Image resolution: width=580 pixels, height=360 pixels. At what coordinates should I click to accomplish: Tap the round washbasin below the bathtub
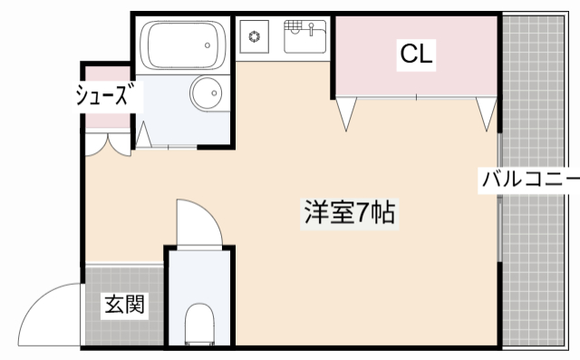[x=208, y=93]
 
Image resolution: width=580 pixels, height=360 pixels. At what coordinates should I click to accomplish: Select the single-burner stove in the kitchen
[x=255, y=37]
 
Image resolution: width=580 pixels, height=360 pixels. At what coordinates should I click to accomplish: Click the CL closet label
[x=417, y=54]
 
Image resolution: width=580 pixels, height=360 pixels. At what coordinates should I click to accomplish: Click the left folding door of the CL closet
[x=345, y=113]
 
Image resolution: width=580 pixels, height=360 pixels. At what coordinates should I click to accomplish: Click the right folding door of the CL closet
[x=487, y=113]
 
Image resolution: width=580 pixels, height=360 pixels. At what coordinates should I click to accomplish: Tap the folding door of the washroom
[x=143, y=135]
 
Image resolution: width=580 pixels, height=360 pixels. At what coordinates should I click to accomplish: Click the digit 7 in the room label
[x=362, y=214]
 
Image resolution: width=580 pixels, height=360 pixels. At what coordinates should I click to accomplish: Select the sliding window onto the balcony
[x=500, y=199]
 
